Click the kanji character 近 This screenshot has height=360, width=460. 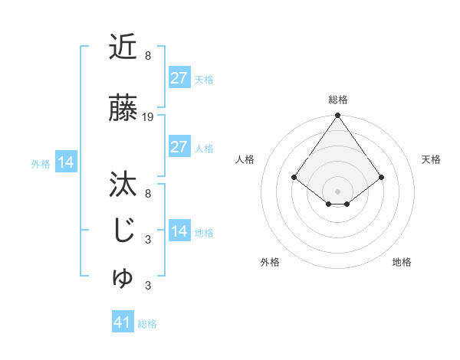123,47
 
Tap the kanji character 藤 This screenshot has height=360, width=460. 123,110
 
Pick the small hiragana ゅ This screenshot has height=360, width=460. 123,279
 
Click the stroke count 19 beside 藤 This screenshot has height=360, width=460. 149,117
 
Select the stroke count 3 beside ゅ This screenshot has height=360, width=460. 147,286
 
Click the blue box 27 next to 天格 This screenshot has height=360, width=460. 179,78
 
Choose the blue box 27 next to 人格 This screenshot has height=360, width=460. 179,147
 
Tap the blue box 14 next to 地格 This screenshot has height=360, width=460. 179,231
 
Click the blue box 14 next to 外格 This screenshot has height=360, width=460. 65,162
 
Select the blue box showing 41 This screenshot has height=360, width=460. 122,322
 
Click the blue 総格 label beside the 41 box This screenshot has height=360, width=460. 147,324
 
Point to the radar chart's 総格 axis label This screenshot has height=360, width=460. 337,100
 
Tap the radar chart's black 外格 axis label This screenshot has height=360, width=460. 270,262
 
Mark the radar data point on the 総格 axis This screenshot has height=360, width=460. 337,116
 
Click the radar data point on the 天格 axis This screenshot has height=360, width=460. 382,178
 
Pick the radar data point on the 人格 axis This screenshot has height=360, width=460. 294,178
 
